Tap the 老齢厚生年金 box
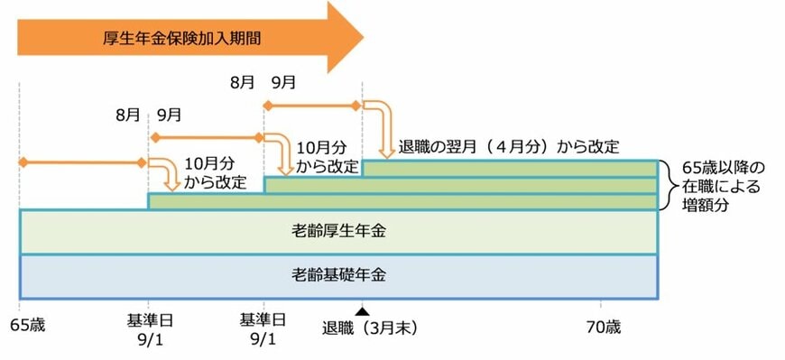pyautogui.click(x=338, y=232)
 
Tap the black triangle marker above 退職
pyautogui.click(x=362, y=310)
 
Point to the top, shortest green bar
pyautogui.click(x=509, y=168)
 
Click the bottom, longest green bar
pyautogui.click(x=402, y=201)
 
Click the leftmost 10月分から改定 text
pyautogui.click(x=216, y=172)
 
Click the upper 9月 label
pyautogui.click(x=282, y=82)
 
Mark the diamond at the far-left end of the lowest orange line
pyautogui.click(x=25, y=163)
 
